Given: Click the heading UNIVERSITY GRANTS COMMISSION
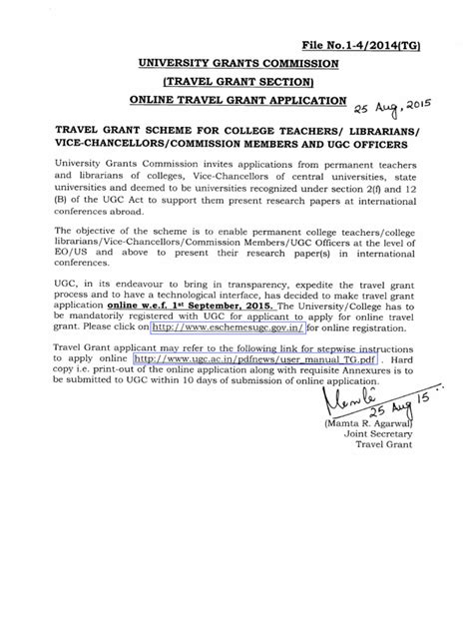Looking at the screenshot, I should coord(236,64).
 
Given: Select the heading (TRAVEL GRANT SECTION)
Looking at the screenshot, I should coord(236,82).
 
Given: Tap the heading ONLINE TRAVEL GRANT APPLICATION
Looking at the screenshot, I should coord(236,101).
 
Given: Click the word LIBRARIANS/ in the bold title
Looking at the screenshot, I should coord(366,130).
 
